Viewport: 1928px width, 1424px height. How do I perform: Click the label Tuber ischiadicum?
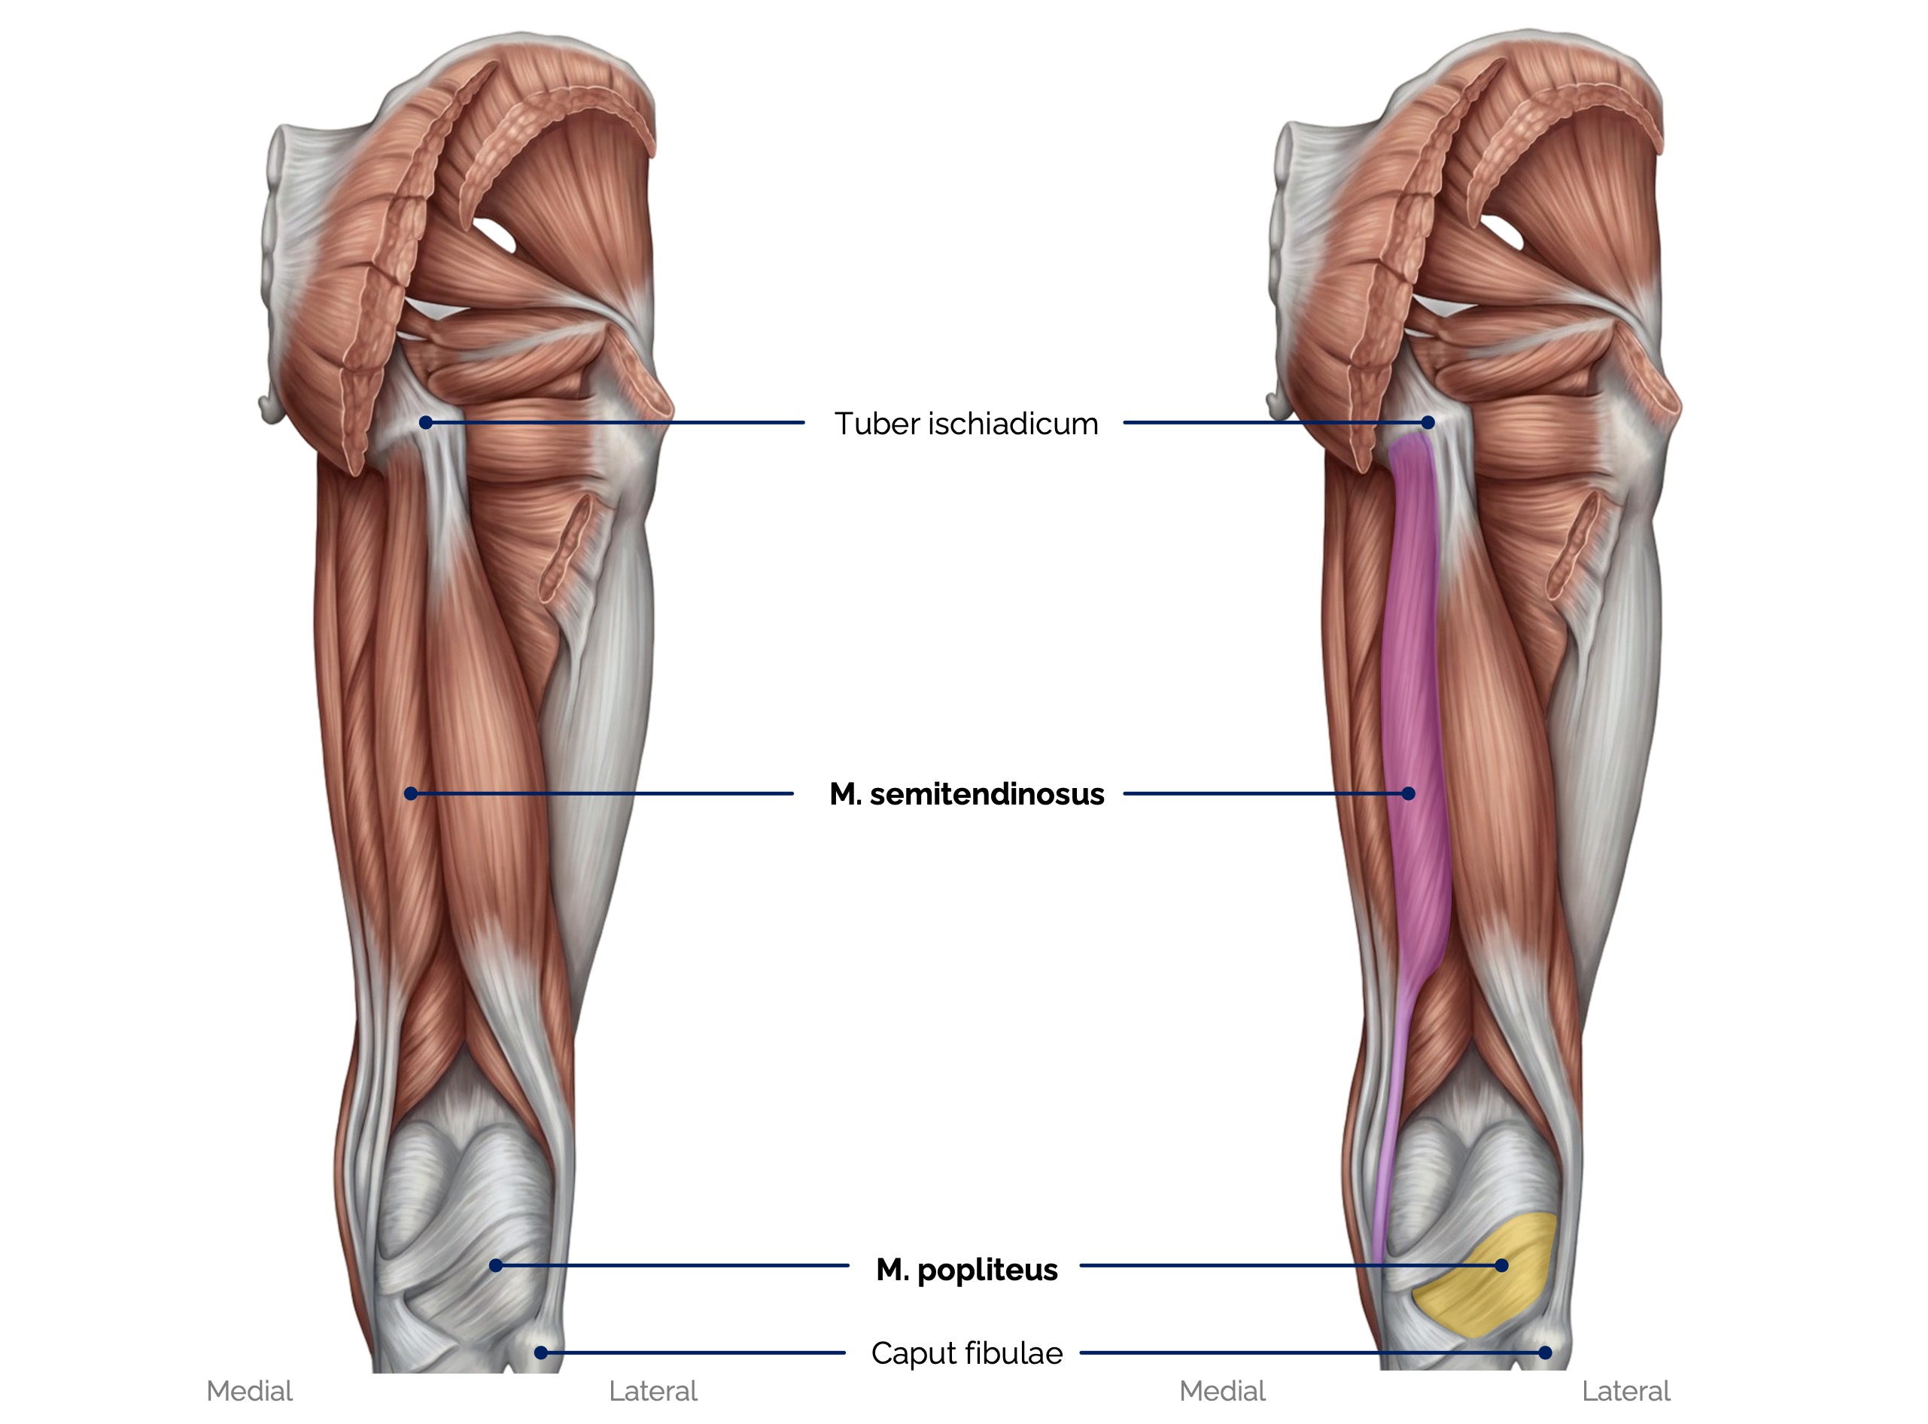966,423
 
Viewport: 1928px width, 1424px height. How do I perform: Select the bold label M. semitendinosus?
966,794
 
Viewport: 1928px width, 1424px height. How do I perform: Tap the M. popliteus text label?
966,1270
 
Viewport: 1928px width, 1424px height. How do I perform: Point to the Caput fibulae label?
966,1353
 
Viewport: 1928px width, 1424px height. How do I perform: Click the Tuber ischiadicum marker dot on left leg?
426,422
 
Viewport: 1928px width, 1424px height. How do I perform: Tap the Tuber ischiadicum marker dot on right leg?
1428,422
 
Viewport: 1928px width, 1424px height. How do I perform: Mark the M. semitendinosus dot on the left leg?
411,793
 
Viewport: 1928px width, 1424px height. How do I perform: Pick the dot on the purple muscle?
1408,793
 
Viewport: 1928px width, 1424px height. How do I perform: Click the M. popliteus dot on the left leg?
496,1265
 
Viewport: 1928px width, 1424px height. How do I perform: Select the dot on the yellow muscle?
1501,1265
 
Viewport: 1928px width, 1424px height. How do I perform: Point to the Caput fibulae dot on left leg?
540,1352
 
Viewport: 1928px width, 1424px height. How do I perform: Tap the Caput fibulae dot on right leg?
1545,1352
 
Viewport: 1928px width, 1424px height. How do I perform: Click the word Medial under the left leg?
249,1391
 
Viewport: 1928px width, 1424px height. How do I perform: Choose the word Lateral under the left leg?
652,1391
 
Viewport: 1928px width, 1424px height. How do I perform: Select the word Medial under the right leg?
1222,1391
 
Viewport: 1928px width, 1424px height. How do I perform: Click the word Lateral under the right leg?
1625,1391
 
